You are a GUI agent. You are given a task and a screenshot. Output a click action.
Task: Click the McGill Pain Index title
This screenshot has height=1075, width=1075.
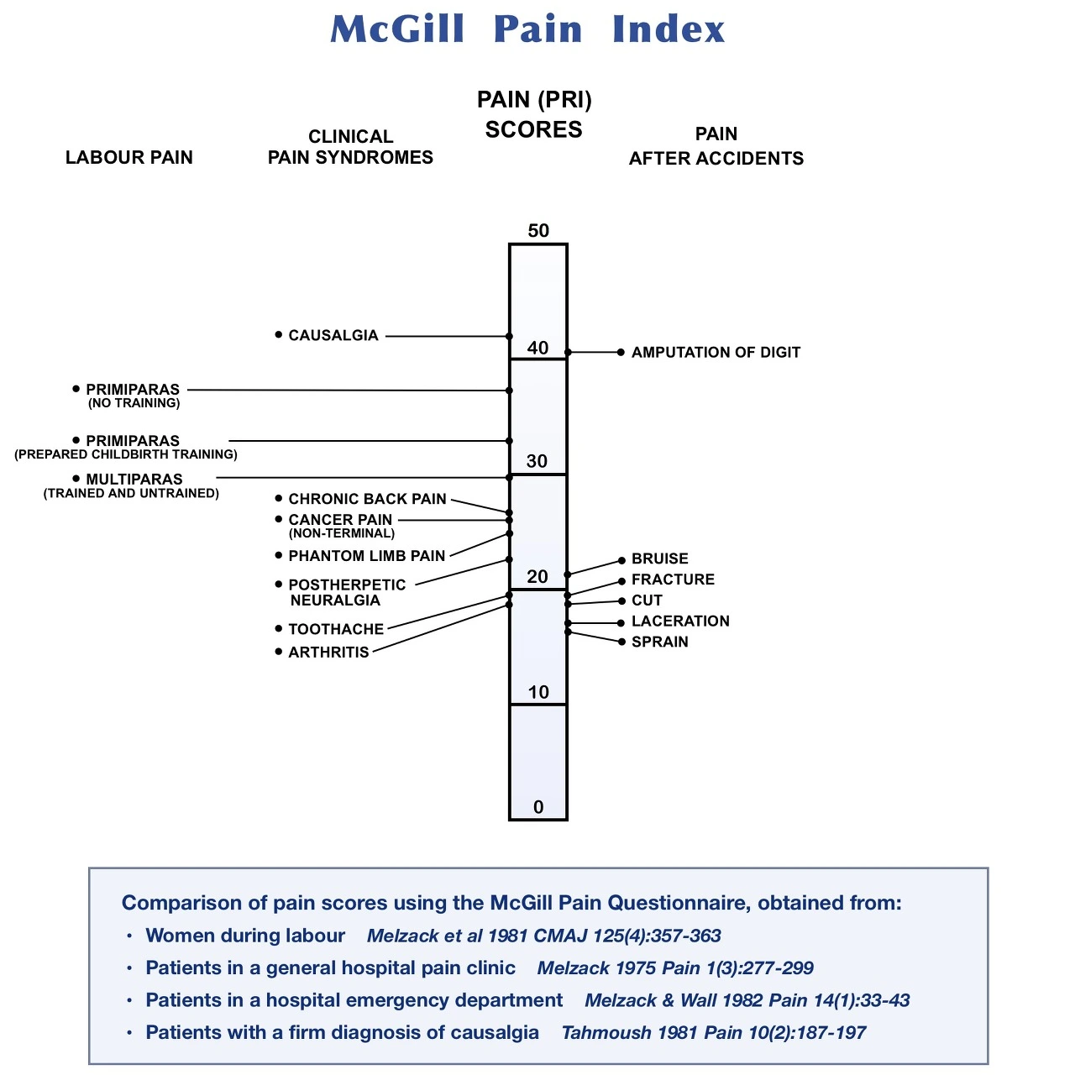(x=527, y=29)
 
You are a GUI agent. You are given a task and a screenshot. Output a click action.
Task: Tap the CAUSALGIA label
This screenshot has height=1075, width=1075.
(x=333, y=335)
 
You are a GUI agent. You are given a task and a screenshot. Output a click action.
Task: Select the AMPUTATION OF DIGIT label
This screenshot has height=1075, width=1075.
(x=716, y=353)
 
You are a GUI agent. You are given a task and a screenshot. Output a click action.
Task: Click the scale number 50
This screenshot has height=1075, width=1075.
(x=538, y=231)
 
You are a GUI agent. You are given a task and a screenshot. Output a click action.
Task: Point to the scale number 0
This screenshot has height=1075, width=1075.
(x=538, y=807)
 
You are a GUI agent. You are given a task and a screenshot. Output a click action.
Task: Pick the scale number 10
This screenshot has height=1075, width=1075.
(x=538, y=692)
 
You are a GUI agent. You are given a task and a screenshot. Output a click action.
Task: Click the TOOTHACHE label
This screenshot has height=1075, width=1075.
(x=336, y=629)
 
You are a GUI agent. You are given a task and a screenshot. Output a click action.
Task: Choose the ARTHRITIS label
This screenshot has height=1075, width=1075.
(x=328, y=653)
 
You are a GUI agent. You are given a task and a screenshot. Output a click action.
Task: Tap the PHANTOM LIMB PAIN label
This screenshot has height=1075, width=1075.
(x=366, y=556)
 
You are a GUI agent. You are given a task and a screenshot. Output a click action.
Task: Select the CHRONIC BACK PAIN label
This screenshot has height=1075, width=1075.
(x=367, y=499)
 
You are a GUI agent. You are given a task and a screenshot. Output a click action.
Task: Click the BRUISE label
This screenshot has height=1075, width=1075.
(x=660, y=558)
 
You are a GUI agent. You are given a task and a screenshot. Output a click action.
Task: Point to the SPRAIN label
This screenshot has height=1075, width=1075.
(x=660, y=642)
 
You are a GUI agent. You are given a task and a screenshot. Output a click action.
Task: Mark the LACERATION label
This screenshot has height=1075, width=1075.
(x=680, y=621)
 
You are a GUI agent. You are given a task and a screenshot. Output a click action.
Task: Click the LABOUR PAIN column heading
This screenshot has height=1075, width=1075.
(x=129, y=158)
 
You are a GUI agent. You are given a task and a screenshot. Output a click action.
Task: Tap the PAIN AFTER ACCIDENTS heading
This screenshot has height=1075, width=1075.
(x=716, y=147)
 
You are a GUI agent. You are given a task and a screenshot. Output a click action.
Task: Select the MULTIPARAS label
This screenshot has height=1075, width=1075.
(x=134, y=480)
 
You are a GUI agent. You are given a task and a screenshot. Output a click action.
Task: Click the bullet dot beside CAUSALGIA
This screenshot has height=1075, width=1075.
(x=279, y=334)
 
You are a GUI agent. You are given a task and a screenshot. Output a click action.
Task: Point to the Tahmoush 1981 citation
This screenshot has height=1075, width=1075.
(x=713, y=1033)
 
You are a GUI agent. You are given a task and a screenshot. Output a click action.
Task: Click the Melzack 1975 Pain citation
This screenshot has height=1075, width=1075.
(x=675, y=968)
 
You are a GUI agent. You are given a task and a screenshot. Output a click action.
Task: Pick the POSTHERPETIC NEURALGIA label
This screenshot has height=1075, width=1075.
(x=346, y=592)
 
